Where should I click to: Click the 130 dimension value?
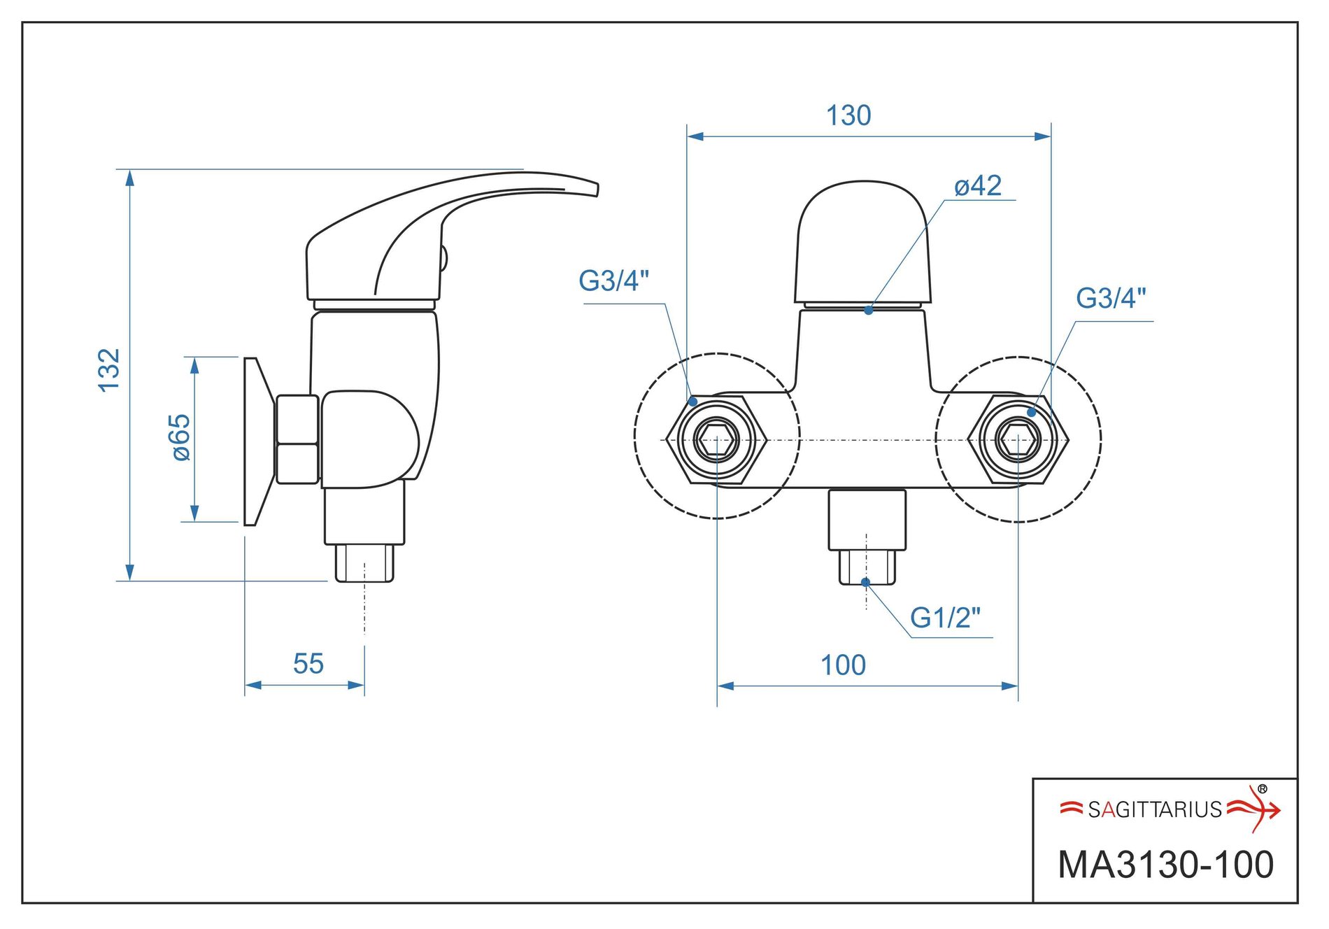click(848, 115)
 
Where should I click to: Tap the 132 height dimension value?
click(109, 370)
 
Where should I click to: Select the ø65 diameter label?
click(180, 437)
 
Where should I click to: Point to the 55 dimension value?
click(308, 663)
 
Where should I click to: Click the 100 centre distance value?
click(843, 665)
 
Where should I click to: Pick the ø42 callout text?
click(978, 186)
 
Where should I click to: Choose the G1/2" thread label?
click(945, 618)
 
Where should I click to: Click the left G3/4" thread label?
click(613, 281)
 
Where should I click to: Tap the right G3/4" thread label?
click(1111, 298)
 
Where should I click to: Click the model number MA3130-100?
click(1165, 865)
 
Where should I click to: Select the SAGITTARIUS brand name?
click(1155, 809)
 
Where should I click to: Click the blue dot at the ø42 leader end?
click(868, 310)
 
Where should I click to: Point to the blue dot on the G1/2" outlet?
click(865, 582)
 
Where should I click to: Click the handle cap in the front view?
click(863, 241)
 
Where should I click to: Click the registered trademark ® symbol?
click(1262, 789)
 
